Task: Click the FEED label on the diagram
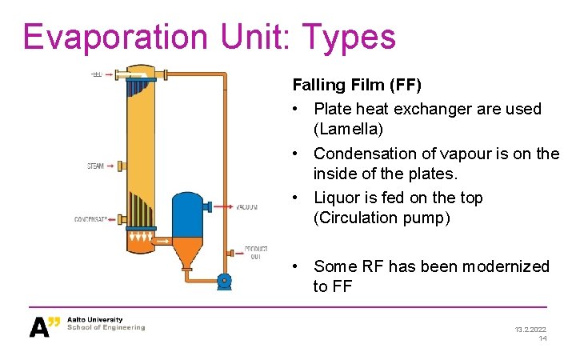pyautogui.click(x=96, y=74)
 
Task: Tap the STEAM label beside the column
pyautogui.click(x=95, y=166)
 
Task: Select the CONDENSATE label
pyautogui.click(x=91, y=218)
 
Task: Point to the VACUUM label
pyautogui.click(x=246, y=206)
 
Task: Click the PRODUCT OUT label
pyautogui.click(x=255, y=253)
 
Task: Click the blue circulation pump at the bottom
pyautogui.click(x=224, y=280)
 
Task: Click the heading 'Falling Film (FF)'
pyautogui.click(x=357, y=84)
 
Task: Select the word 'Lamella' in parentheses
pyautogui.click(x=346, y=129)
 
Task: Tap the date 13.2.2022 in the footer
pyautogui.click(x=529, y=328)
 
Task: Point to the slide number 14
pyautogui.click(x=542, y=338)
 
